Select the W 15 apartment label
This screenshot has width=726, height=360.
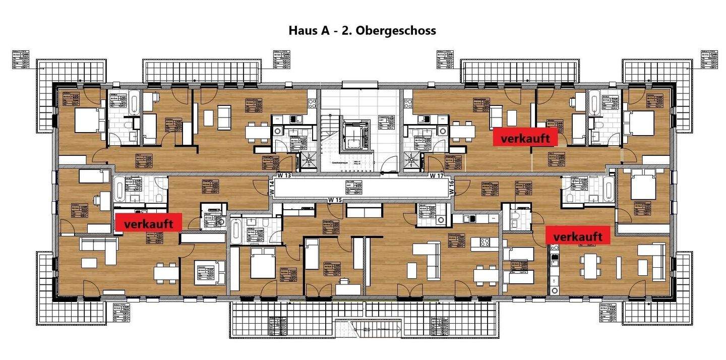point(335,200)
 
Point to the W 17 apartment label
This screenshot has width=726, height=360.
point(437,175)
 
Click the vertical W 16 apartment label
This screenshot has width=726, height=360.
point(451,188)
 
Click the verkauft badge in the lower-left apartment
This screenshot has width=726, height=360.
point(149,223)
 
